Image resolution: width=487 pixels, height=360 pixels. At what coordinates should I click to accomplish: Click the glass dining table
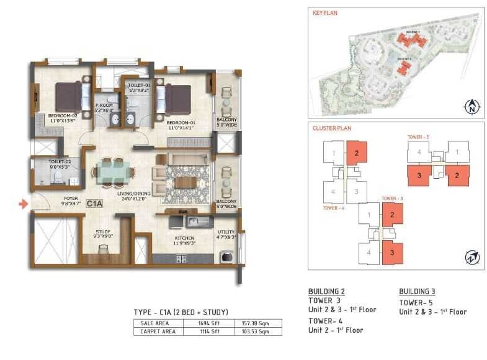point(113,171)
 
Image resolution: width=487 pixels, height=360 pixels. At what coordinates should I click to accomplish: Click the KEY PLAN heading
point(325,12)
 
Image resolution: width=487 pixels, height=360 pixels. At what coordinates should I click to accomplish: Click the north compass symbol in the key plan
point(471,107)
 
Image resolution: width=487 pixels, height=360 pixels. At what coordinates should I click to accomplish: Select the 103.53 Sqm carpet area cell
point(256,331)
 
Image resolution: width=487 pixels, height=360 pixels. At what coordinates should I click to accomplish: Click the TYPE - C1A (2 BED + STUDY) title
point(181,312)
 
